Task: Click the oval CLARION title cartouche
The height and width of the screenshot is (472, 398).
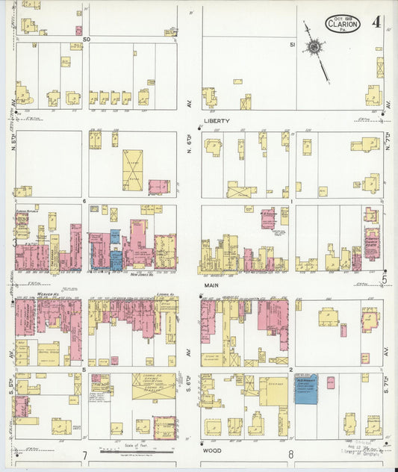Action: click(343, 24)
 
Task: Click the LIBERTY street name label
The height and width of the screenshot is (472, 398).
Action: click(216, 120)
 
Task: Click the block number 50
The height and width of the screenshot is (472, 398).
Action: click(87, 38)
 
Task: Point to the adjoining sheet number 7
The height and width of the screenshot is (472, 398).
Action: click(85, 455)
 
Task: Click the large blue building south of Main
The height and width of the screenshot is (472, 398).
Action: click(305, 389)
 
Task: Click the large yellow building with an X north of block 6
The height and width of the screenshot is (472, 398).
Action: click(133, 170)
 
